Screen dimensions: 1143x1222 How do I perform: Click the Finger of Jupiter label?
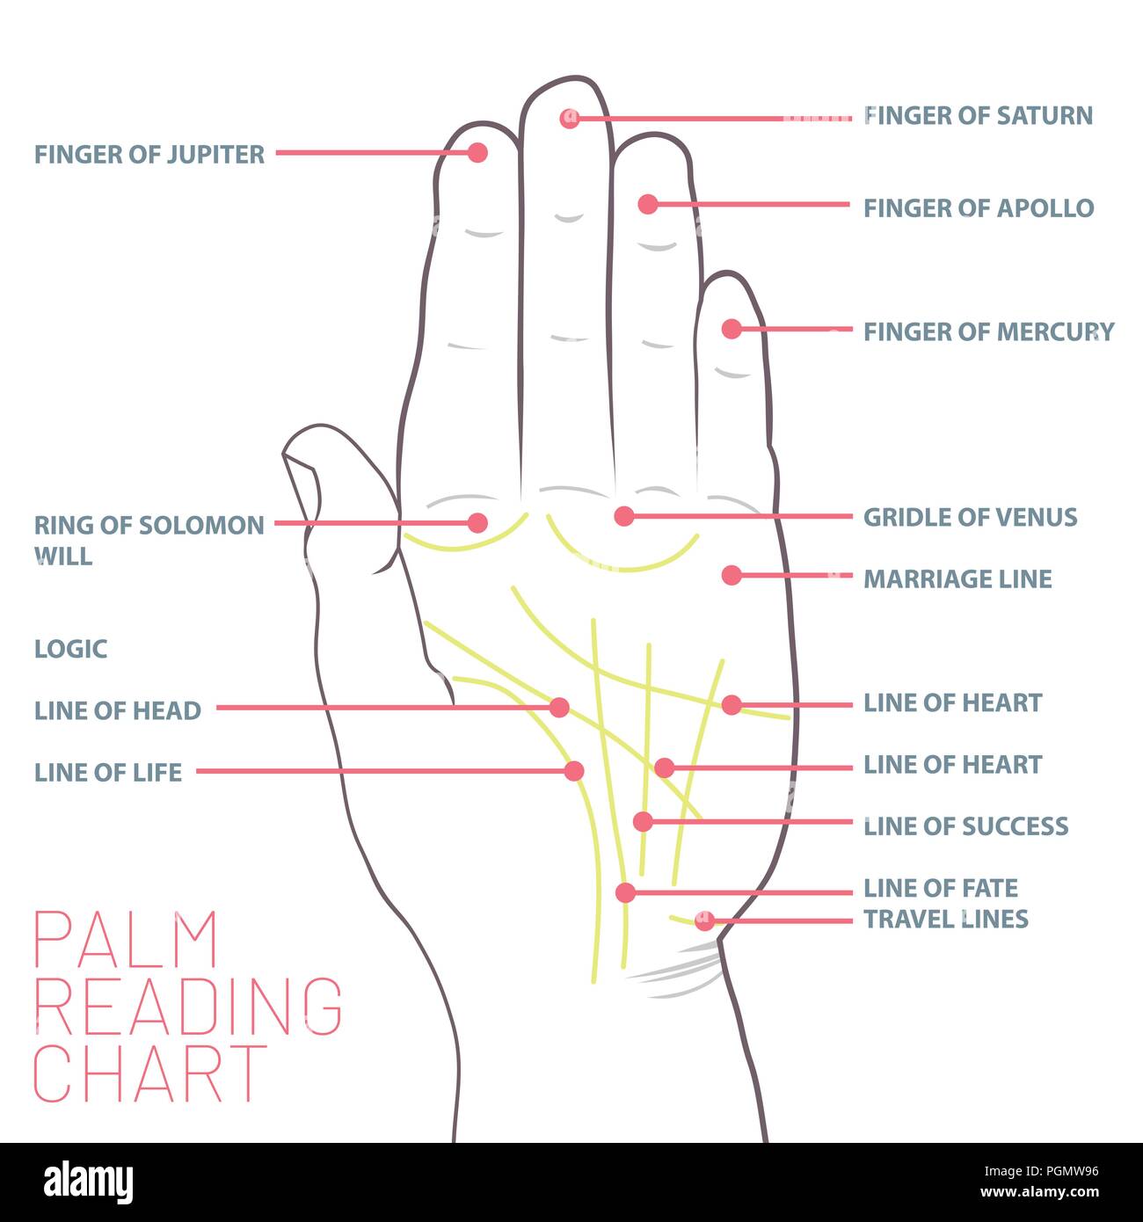point(149,155)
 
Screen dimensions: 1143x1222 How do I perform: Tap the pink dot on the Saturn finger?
point(570,118)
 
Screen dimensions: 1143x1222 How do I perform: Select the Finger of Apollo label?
point(978,208)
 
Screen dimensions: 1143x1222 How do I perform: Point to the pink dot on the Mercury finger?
point(731,329)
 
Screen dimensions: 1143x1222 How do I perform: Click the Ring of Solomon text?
point(149,526)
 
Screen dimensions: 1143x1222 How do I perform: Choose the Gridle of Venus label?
point(970,517)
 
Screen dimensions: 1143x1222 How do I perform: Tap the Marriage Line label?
point(957,578)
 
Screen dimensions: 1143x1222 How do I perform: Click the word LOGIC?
point(70,649)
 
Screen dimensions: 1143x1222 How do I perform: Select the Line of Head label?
point(117,710)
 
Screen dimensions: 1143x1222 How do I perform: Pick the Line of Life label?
point(107,773)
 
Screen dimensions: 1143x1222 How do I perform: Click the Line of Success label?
point(965,826)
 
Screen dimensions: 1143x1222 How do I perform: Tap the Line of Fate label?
point(940,888)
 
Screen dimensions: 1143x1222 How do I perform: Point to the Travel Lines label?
point(945,919)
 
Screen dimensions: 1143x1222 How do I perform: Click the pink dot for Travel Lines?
point(704,921)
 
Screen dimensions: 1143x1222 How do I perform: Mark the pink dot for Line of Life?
point(573,771)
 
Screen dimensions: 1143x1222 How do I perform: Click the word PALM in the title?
point(126,941)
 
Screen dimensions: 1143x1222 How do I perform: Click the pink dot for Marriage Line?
point(731,576)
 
